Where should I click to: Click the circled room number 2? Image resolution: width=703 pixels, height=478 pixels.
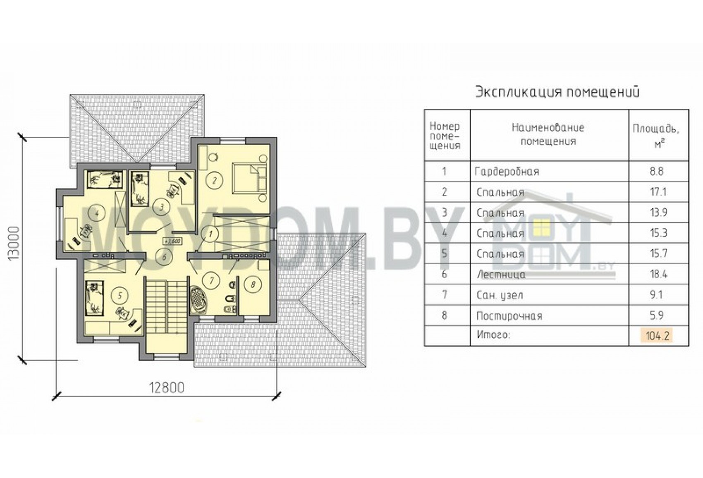pyautogui.click(x=215, y=180)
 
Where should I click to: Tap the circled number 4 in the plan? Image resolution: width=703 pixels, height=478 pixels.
pyautogui.click(x=97, y=213)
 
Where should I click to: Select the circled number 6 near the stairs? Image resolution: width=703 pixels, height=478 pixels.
pyautogui.click(x=164, y=257)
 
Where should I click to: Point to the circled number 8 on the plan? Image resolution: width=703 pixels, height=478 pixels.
pyautogui.click(x=253, y=284)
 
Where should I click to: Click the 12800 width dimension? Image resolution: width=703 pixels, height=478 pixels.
pyautogui.click(x=166, y=388)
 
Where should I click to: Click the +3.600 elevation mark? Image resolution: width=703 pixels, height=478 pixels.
pyautogui.click(x=172, y=241)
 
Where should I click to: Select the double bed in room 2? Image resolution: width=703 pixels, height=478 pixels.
pyautogui.click(x=249, y=178)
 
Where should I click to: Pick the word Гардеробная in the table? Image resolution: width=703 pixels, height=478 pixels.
pyautogui.click(x=507, y=172)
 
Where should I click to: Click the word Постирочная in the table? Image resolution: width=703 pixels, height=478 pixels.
pyautogui.click(x=509, y=316)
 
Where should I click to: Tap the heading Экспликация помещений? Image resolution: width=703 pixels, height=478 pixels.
pyautogui.click(x=558, y=92)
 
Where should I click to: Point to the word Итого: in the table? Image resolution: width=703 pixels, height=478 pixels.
pyautogui.click(x=494, y=335)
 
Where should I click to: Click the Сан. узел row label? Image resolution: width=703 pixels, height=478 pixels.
pyautogui.click(x=500, y=295)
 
